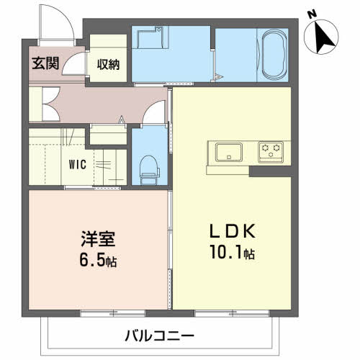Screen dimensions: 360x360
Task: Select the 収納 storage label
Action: point(109,64)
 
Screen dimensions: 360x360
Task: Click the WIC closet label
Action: point(78,164)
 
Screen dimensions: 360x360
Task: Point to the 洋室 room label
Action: point(96,238)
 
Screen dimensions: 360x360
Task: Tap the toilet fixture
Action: point(149,166)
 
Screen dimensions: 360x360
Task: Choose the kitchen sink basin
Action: point(228,151)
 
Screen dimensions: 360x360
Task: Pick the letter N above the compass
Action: point(311,14)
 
